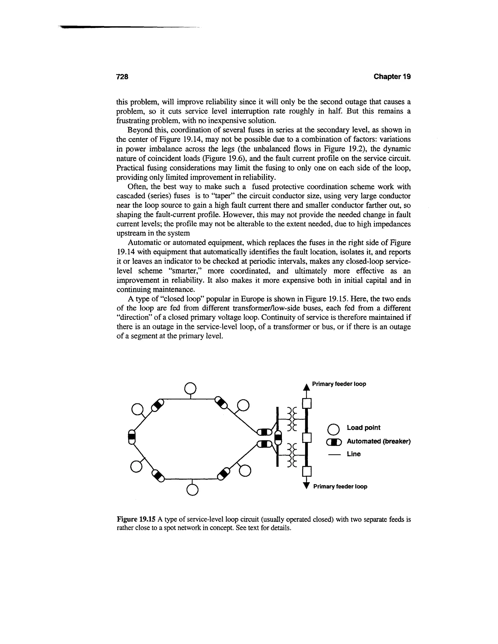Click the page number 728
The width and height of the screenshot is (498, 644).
coord(122,77)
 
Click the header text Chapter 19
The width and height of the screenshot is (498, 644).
coord(392,77)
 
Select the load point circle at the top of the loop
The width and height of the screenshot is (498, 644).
coord(190,388)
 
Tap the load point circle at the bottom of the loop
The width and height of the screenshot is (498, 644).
coord(192,490)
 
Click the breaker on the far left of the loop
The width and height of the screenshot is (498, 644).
coord(132,437)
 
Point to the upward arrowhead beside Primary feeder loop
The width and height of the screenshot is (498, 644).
coord(307,387)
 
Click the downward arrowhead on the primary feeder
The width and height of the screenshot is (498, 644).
coord(307,486)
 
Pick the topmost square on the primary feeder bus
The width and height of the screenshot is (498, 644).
coord(307,403)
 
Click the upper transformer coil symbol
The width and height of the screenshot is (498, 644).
coord(292,419)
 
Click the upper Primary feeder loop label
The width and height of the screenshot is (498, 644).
coord(339,384)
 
